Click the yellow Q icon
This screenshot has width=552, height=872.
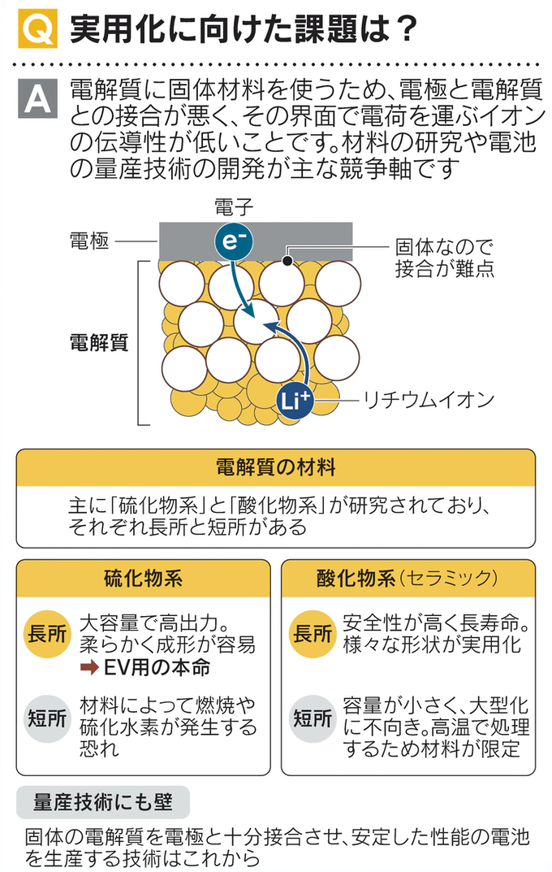coord(37,29)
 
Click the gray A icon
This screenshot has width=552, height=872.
coord(37,98)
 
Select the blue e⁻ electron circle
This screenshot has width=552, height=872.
coord(234,241)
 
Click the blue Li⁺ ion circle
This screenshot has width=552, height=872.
coord(295,401)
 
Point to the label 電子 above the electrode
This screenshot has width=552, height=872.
coord(234,207)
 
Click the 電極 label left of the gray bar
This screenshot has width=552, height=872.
coord(88,241)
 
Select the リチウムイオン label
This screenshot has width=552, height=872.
coord(428,400)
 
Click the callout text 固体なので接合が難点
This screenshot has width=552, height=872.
coord(444,258)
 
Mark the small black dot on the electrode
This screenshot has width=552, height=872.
coord(287,260)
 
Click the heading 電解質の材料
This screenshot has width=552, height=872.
coord(275,467)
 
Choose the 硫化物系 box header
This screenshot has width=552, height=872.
coord(143,579)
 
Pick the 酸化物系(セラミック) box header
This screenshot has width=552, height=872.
coord(407,579)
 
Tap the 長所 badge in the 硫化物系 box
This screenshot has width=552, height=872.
coord(47,635)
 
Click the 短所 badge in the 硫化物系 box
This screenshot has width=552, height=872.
coord(47,718)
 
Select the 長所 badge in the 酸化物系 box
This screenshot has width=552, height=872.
coord(313,635)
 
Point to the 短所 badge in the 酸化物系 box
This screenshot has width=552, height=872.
coord(313,718)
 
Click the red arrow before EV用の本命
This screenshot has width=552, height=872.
coord(89,666)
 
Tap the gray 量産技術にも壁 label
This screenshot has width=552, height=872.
coord(103,802)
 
